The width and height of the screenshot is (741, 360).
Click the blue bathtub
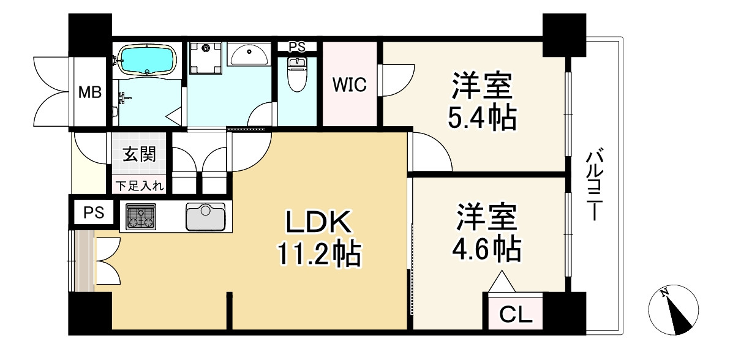point(146,59)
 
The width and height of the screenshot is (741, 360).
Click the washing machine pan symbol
point(206,56)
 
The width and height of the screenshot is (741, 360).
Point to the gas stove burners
point(141,217)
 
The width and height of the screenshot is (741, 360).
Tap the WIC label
point(349,85)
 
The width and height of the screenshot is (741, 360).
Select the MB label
point(90,93)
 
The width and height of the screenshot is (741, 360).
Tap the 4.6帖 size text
point(487,249)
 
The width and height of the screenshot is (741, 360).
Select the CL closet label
point(516,315)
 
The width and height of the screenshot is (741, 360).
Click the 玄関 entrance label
point(139,154)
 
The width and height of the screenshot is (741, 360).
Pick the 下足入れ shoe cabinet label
point(140,186)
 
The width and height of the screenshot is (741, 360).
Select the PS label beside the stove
point(94,212)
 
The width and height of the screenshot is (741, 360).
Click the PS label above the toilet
point(296,46)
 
